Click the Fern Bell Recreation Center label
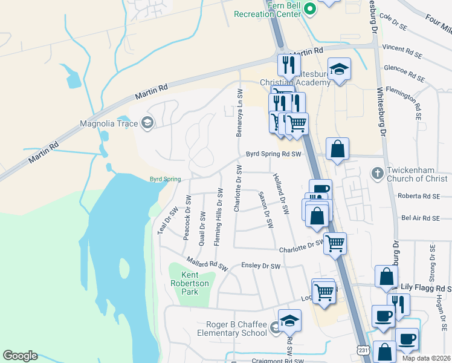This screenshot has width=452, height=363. click(267, 9)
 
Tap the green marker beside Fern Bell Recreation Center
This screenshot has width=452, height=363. click(310, 8)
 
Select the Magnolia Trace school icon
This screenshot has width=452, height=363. click(147, 124)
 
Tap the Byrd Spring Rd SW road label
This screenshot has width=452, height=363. click(273, 154)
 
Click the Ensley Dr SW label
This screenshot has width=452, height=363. click(261, 266)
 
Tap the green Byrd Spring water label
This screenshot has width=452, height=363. click(166, 179)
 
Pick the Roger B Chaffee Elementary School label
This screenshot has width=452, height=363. click(231, 329)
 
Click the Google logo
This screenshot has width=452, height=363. click(20, 356)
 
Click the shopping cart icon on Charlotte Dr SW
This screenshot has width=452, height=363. click(335, 244)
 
